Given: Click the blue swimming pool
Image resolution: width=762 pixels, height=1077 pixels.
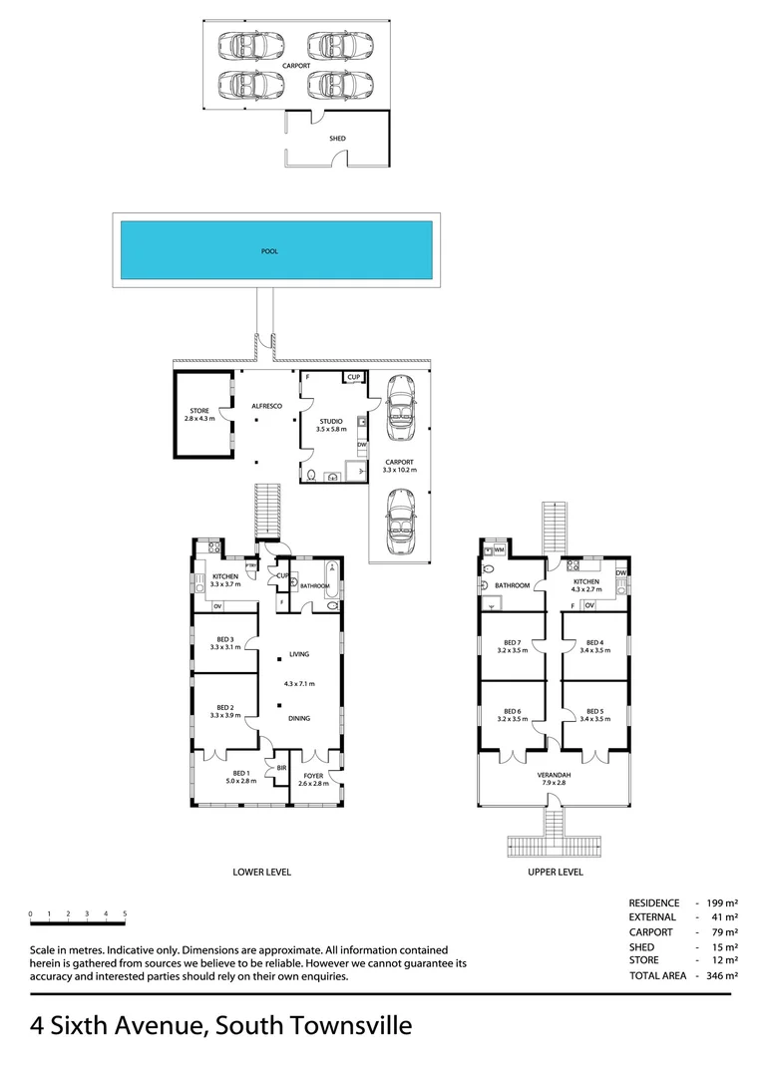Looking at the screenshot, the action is click(276, 250).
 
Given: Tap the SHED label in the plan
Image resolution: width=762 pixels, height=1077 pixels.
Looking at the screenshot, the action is click(337, 138).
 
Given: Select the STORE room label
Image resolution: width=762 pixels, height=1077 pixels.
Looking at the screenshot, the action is click(199, 411).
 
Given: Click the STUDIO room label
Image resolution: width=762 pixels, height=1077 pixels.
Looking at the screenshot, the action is click(331, 422).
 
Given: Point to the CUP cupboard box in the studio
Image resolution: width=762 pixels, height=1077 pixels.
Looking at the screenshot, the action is click(354, 377).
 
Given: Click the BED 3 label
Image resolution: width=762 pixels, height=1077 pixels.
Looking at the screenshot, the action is click(225, 639).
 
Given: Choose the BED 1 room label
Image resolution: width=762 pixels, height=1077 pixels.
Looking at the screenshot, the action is click(241, 773).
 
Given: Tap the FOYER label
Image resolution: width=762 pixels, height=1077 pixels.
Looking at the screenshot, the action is click(313, 776).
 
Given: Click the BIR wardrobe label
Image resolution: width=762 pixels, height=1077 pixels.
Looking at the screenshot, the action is click(281, 768).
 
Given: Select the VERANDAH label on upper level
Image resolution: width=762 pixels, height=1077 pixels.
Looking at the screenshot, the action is click(554, 775).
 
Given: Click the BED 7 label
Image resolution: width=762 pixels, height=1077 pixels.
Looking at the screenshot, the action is click(512, 642).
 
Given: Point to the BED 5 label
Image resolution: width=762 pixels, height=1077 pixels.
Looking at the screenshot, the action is click(595, 712).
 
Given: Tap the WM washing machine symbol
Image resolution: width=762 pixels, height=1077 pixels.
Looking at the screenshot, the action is click(499, 550).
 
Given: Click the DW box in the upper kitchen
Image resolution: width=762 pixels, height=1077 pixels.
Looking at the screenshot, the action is click(621, 572).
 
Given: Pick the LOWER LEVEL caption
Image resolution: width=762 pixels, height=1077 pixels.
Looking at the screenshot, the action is click(261, 872).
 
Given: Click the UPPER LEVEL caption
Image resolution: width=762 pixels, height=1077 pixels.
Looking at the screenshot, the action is click(556, 872).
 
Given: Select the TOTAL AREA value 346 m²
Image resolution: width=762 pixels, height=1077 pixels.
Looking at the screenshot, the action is click(722, 975).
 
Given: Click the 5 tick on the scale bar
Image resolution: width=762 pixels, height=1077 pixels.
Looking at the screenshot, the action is click(125, 914).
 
